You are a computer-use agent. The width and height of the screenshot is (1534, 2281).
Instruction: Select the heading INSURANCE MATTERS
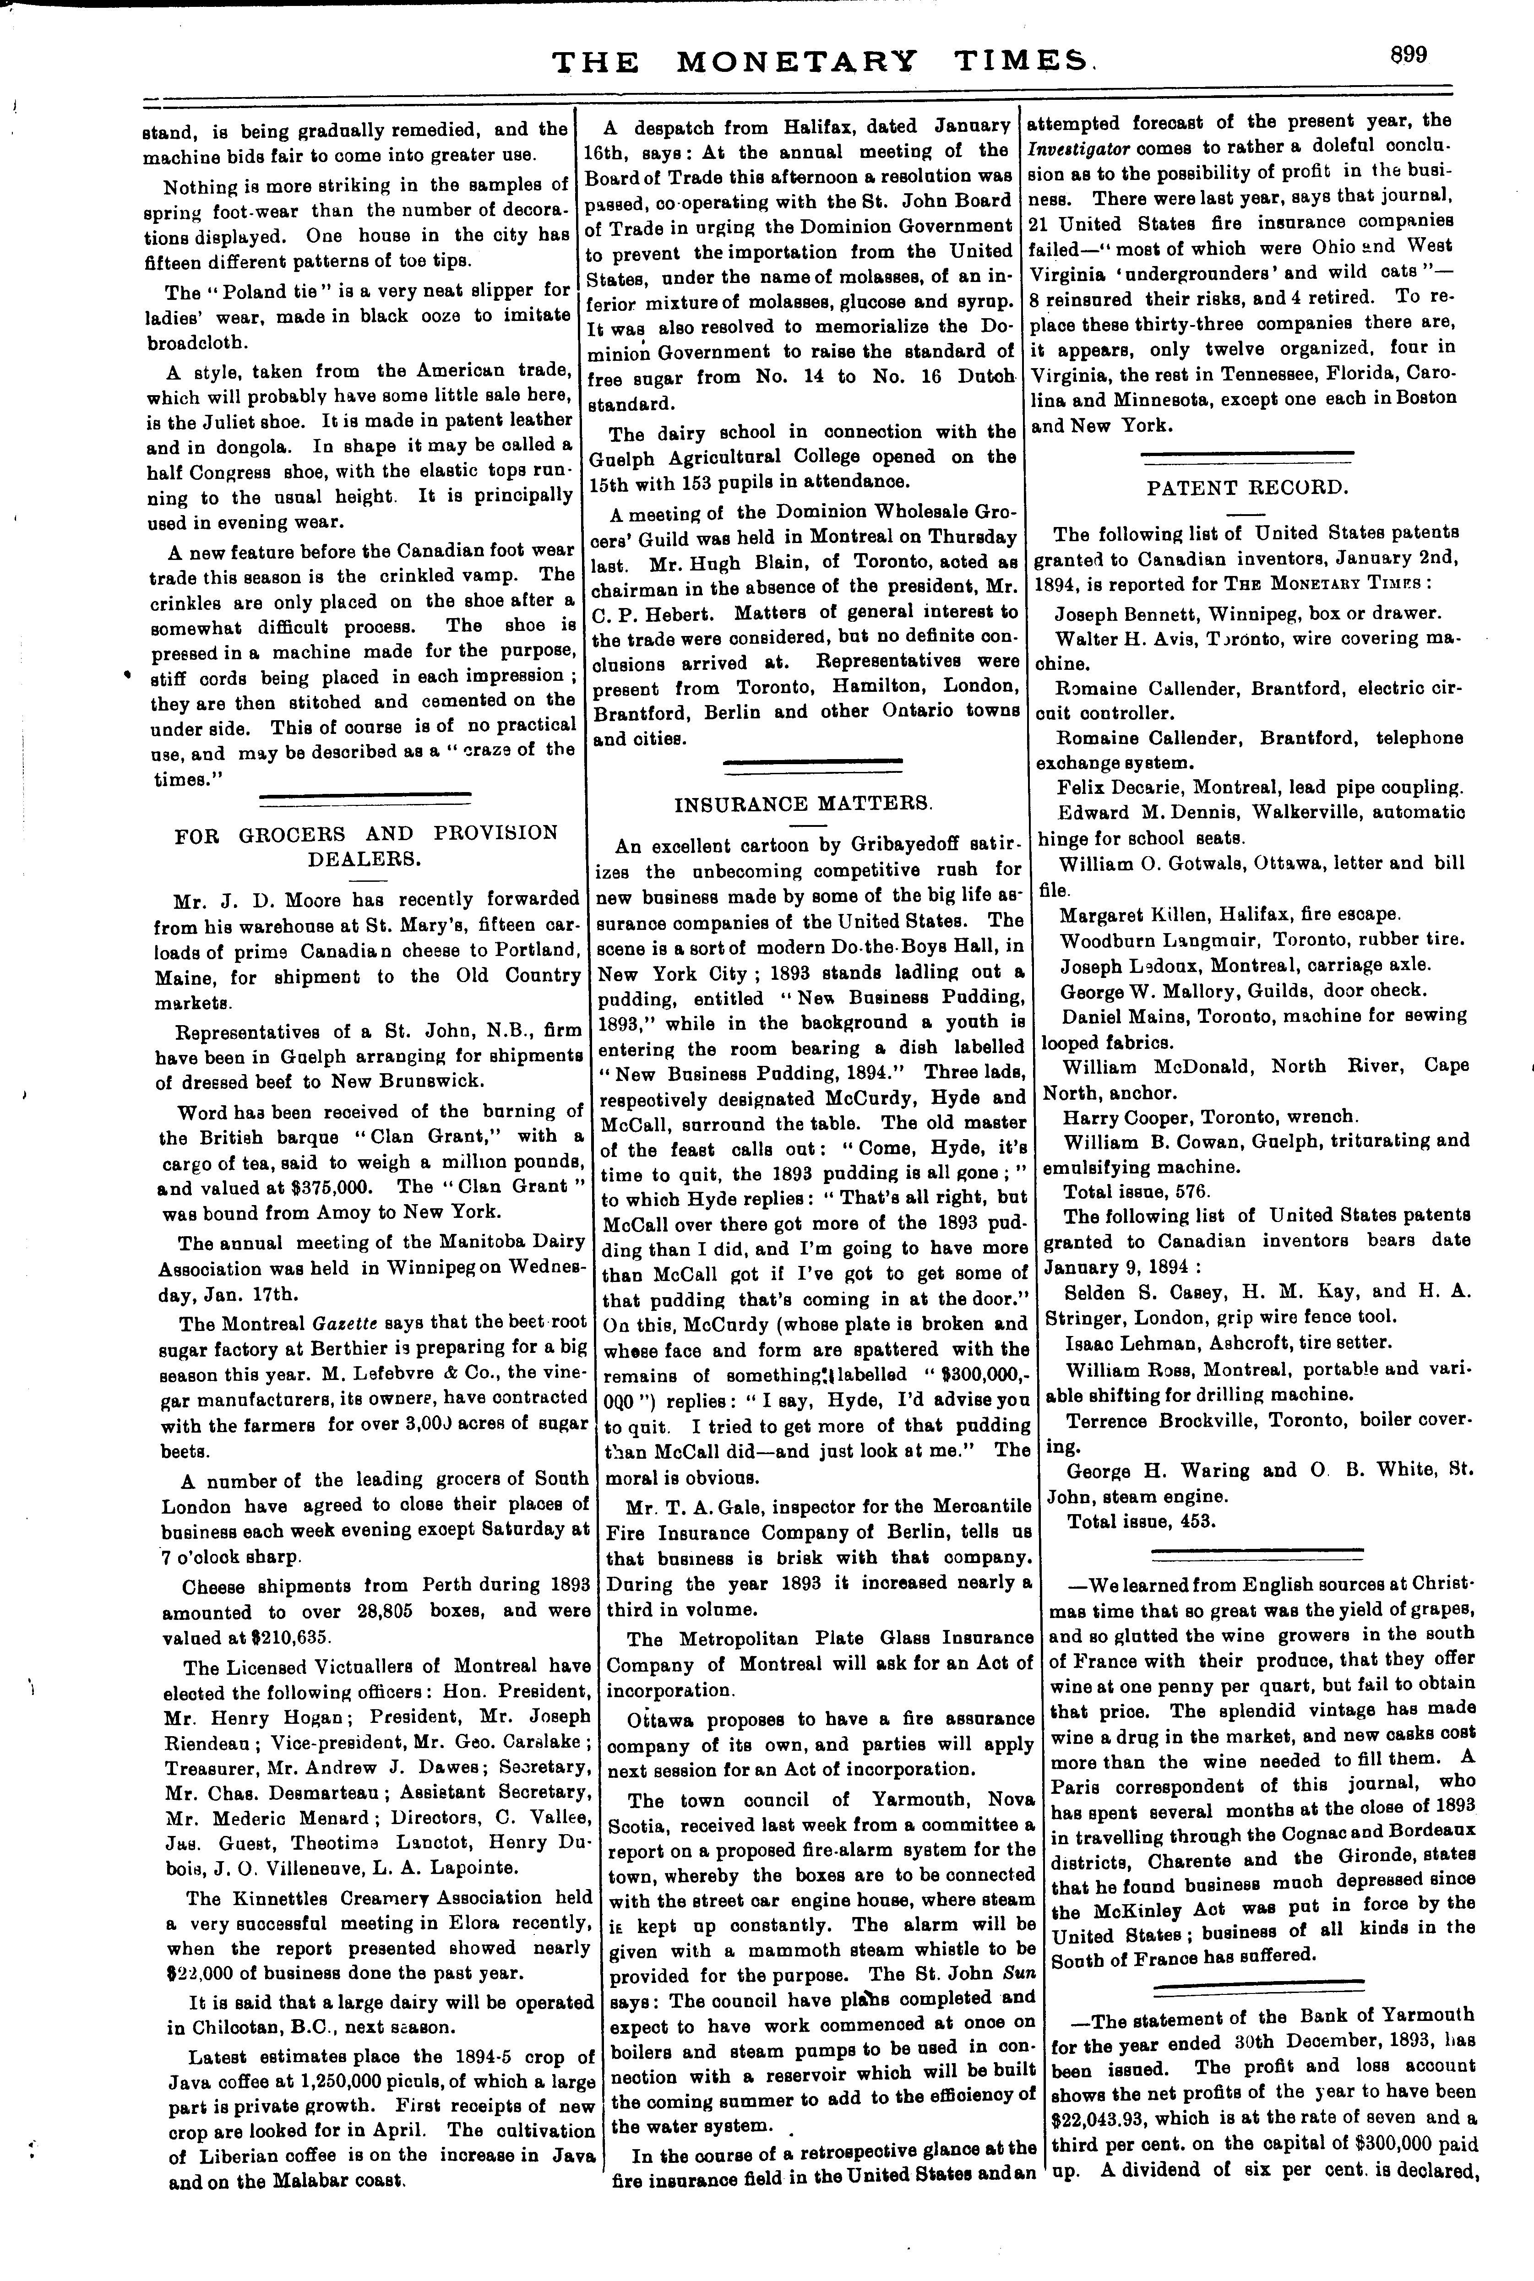point(804,804)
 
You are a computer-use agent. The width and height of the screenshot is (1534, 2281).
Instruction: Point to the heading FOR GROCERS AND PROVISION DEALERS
point(366,845)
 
